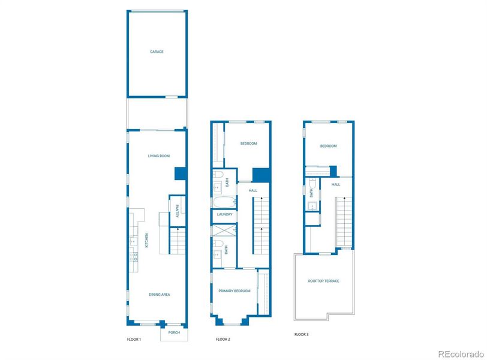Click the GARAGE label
coord(157,52)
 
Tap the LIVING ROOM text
coord(159,156)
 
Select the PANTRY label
coord(178,211)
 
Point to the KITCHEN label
coord(146,242)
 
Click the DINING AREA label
coord(160,295)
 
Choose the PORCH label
coord(174,332)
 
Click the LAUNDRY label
coord(225,214)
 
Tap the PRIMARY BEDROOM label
coord(234,291)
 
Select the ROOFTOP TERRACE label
coord(323,281)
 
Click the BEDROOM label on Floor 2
coord(248,143)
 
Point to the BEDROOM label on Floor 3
coord(328,146)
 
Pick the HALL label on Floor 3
coord(336,184)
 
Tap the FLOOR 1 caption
coord(134,340)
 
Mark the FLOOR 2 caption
coord(223,340)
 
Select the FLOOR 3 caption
coord(302,334)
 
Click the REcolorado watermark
coord(460,353)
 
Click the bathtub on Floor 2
coord(224,202)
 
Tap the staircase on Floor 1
coord(178,241)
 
